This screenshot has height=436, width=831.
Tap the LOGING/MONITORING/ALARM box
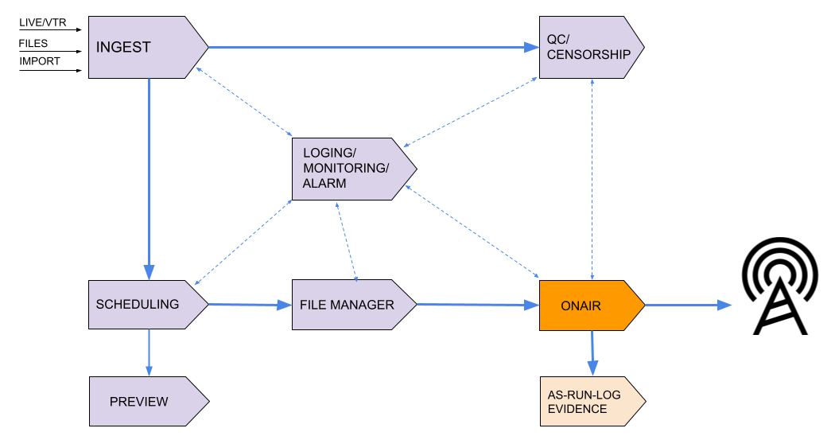tap(350, 169)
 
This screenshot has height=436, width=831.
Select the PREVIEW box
tap(143, 401)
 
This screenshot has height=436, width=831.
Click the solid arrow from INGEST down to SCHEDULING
tap(149, 175)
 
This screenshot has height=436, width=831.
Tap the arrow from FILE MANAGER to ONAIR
tap(477, 305)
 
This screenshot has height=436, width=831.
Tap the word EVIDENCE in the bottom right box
tap(577, 409)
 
